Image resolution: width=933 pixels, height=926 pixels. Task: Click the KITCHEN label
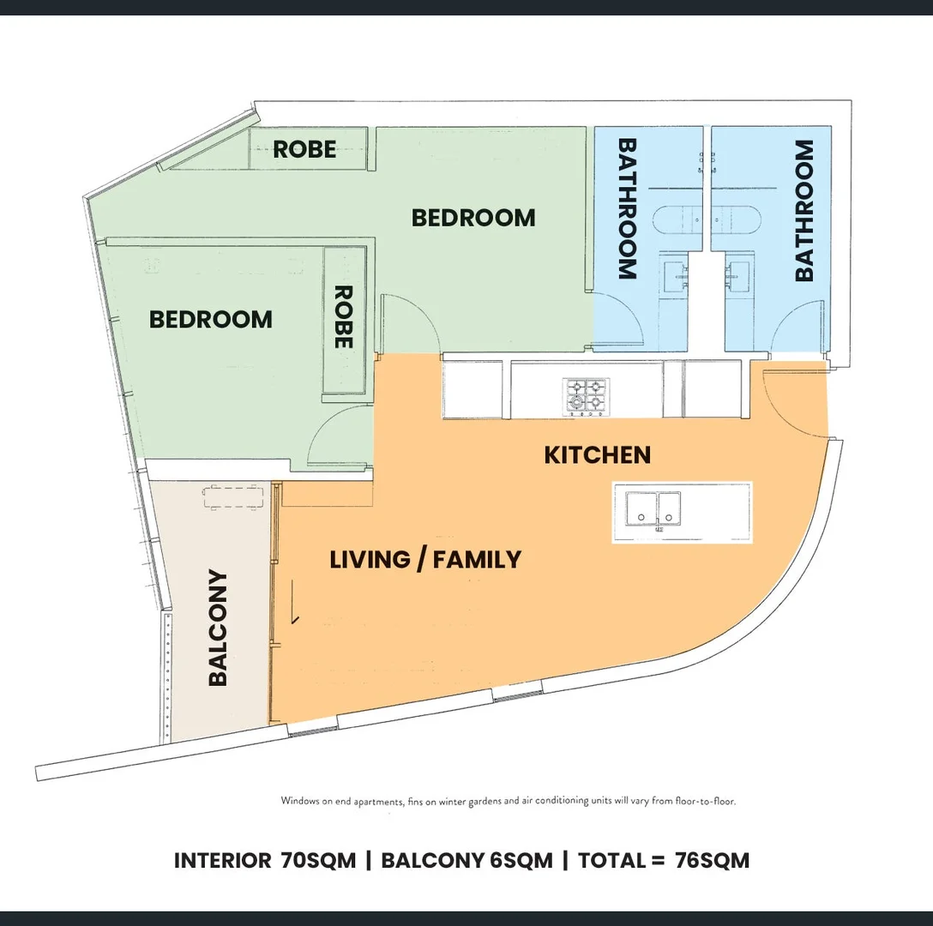click(x=598, y=455)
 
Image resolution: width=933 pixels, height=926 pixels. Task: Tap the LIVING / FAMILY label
click(x=425, y=559)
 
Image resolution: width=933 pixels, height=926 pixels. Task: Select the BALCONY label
click(x=218, y=628)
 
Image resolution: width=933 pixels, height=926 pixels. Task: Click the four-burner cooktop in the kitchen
click(x=586, y=397)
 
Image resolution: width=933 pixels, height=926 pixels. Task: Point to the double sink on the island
click(x=653, y=509)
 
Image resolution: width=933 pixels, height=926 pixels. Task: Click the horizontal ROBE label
click(x=304, y=149)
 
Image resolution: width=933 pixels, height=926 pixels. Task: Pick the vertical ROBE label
click(x=343, y=316)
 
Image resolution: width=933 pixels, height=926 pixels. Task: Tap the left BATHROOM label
click(x=627, y=209)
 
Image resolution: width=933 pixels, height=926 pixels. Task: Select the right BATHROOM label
click(x=804, y=210)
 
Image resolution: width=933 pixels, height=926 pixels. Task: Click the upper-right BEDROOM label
click(x=473, y=218)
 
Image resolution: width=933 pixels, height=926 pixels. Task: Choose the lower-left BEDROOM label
click(x=211, y=320)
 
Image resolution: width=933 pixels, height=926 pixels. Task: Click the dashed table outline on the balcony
click(x=233, y=497)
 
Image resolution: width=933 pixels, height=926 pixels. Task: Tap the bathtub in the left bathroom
click(x=677, y=220)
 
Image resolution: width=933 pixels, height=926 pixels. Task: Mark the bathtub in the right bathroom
click(x=736, y=220)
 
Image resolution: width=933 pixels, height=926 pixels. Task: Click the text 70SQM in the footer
click(x=318, y=861)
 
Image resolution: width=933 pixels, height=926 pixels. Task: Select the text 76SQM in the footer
click(x=713, y=861)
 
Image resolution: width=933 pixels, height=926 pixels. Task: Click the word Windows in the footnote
click(x=300, y=801)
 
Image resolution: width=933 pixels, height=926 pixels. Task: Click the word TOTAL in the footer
click(x=611, y=861)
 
